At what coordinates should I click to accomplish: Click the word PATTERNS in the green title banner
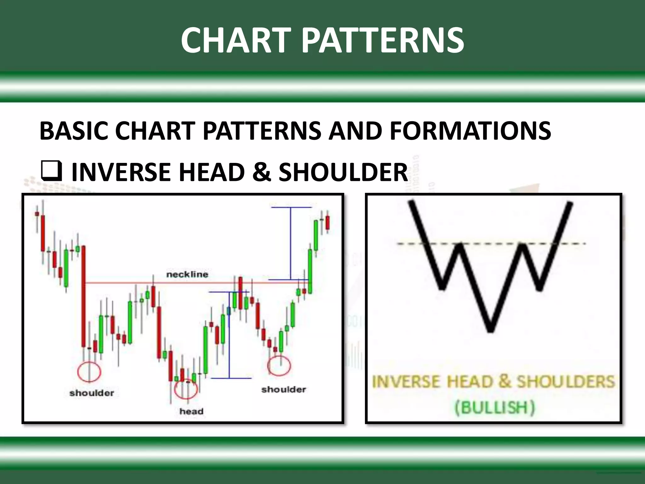383,40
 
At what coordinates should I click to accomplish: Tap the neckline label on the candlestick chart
187,274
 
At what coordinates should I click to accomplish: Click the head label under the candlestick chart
191,411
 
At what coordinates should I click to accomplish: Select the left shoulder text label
92,393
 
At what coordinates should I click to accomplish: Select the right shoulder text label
283,389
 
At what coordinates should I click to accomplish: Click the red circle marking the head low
186,389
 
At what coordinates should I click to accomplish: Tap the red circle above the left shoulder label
89,372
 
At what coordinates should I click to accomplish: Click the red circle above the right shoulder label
279,366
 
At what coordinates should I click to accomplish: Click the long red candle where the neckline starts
83,296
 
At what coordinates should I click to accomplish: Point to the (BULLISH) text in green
495,407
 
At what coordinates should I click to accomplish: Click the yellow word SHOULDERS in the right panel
566,382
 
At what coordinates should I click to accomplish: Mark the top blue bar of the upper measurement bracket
291,207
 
